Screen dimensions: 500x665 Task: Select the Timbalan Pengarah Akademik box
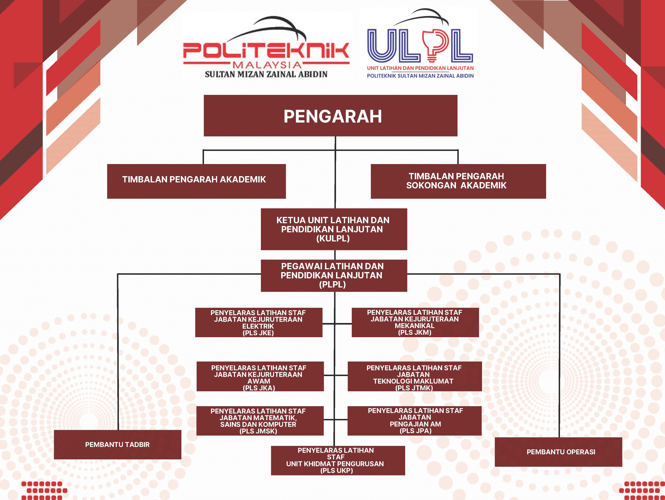(x=196, y=181)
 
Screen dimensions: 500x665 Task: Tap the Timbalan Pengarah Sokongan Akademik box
(x=458, y=181)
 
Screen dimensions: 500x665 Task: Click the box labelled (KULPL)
(x=334, y=229)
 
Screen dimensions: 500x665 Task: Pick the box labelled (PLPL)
(x=334, y=275)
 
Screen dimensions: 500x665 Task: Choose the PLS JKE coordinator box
(x=259, y=322)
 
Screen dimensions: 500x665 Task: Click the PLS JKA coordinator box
(x=260, y=376)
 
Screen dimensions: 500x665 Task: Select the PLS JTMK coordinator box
(x=415, y=376)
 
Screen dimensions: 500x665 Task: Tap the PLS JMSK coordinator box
(x=260, y=421)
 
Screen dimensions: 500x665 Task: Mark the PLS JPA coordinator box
(x=415, y=421)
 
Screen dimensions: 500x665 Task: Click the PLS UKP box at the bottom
(x=338, y=460)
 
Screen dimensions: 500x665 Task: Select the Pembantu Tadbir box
(x=117, y=444)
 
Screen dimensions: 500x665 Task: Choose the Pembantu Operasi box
(x=558, y=452)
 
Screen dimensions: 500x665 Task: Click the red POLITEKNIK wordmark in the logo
(x=266, y=51)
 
